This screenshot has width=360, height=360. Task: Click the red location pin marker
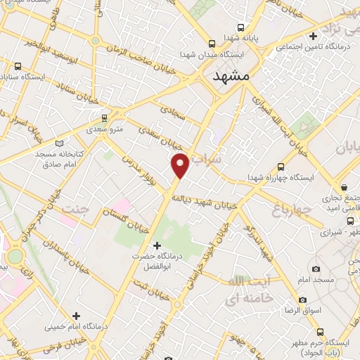181,165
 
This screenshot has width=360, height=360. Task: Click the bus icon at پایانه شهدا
209,39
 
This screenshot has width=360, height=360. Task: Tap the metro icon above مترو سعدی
104,117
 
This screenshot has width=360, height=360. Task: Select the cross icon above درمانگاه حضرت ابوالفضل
157,245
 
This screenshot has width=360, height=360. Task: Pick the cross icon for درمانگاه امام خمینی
76,315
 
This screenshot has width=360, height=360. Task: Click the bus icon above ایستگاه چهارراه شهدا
281,167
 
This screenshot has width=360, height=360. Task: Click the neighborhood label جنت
77,209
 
